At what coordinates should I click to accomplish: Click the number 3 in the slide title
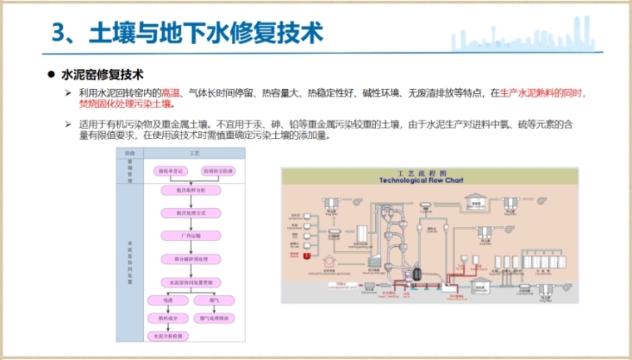click(x=58, y=33)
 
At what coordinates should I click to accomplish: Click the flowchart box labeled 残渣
click(x=166, y=299)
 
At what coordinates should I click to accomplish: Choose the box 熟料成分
click(x=166, y=318)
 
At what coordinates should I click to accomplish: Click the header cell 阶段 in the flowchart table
click(x=129, y=154)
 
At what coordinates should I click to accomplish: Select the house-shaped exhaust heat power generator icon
click(x=477, y=200)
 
